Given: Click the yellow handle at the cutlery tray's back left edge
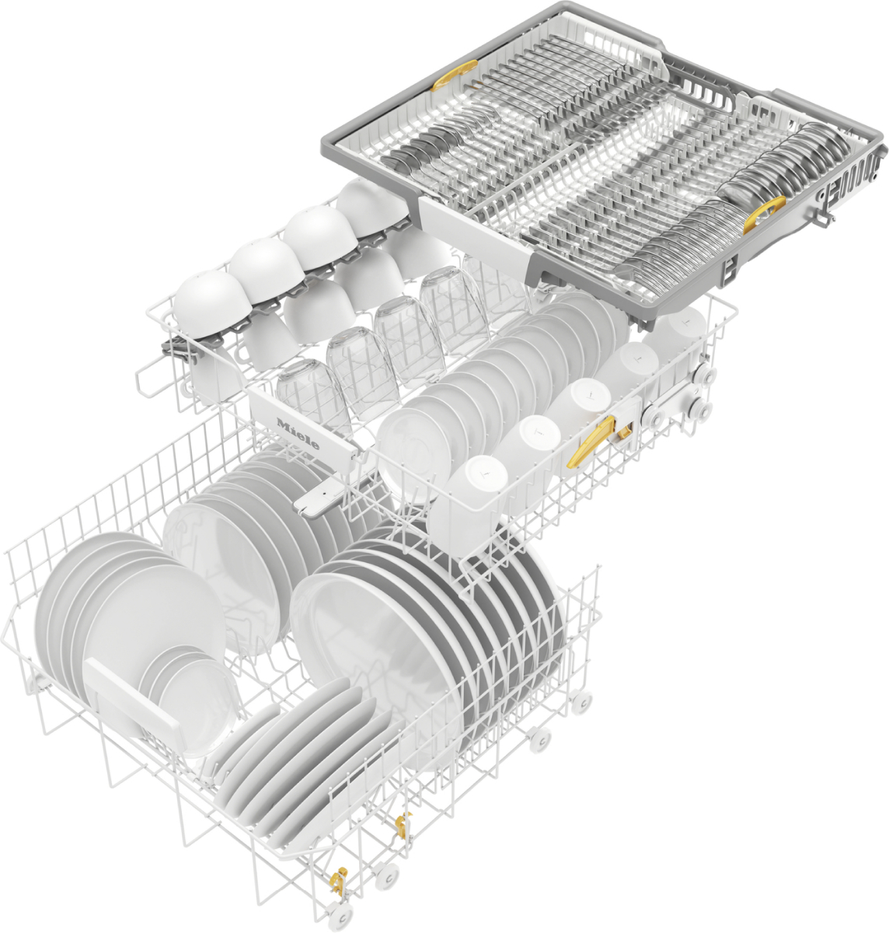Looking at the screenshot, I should tap(455, 75).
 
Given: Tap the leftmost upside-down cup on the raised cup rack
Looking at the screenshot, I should tap(204, 306).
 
